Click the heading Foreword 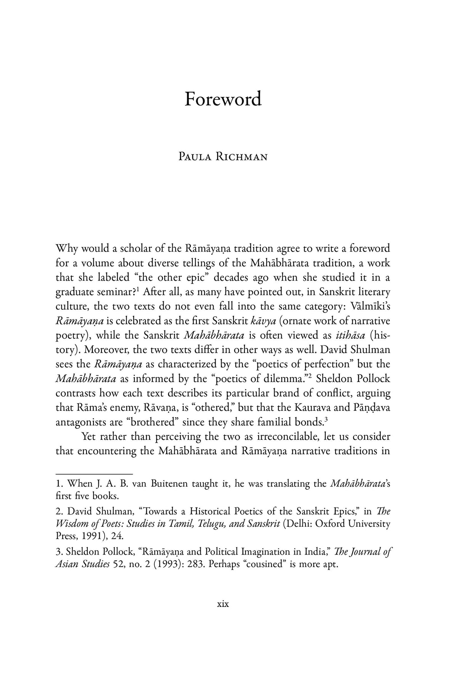pyautogui.click(x=223, y=99)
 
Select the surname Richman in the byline pyautogui.click(x=243, y=157)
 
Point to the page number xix pyautogui.click(x=223, y=604)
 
